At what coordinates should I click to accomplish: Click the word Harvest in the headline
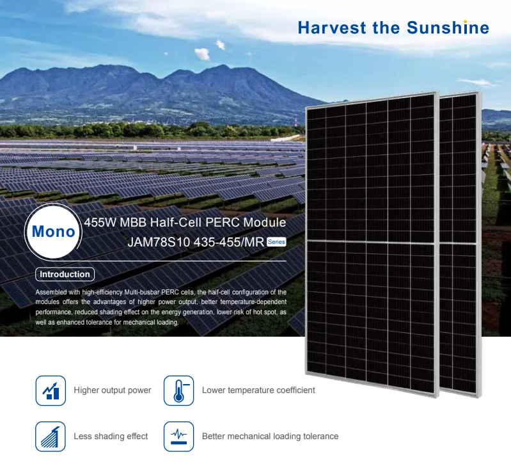332,28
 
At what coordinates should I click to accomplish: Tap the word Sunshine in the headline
448,28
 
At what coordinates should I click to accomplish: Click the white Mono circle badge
54,232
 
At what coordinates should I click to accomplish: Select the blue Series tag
276,242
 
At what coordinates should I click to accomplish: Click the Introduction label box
65,274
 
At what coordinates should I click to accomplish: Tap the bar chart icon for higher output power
51,390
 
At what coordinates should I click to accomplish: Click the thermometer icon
178,390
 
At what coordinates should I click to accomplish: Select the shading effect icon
51,437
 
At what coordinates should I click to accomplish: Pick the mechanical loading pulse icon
178,437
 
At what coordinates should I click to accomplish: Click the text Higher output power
113,390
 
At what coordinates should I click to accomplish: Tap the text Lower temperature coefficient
258,390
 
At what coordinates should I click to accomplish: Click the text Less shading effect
111,437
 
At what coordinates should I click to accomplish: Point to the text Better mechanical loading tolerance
270,437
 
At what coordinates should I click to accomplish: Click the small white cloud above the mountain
202,54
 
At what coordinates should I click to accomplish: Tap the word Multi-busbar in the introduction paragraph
142,292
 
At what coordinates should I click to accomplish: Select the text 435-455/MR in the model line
229,242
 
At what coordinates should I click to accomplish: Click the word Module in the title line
265,222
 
